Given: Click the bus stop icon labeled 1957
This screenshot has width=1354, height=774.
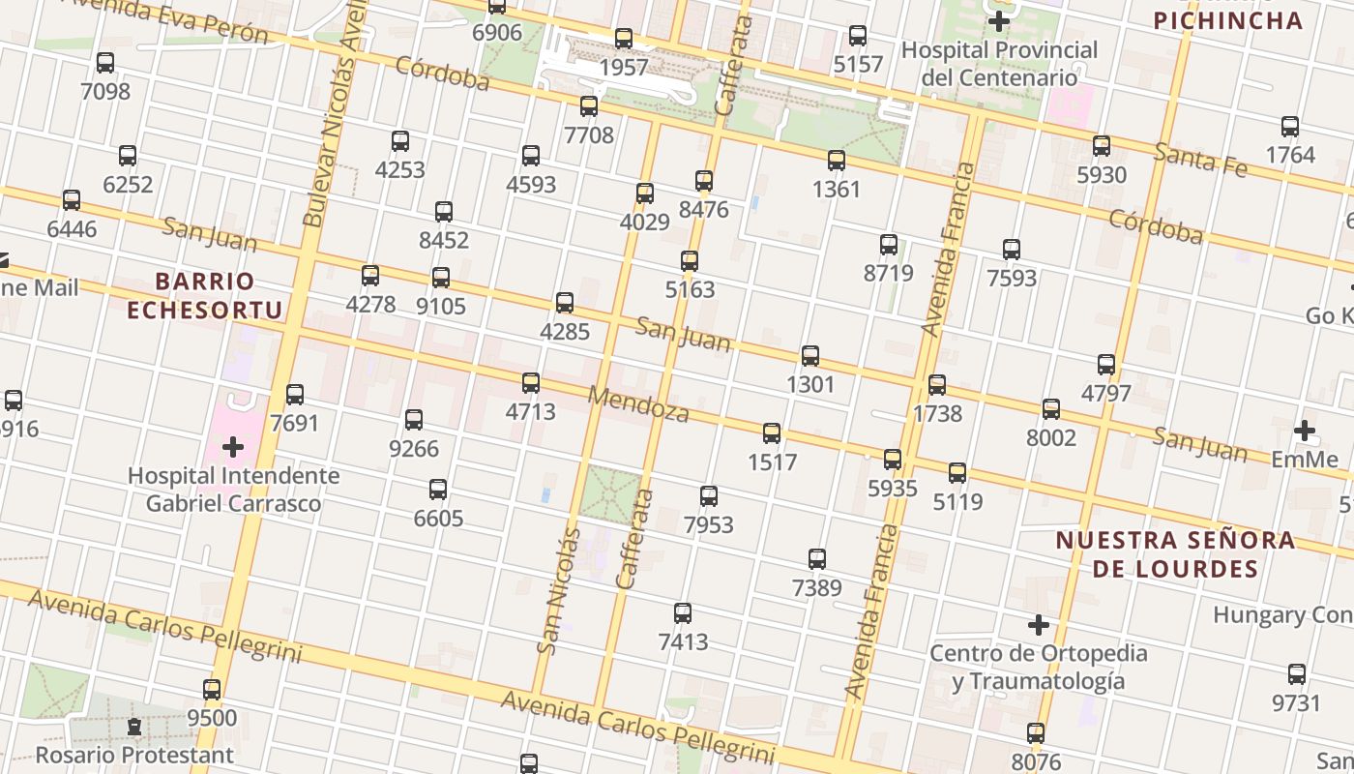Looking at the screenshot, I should click(x=624, y=39).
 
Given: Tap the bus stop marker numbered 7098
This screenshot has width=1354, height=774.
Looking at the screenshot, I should click(x=105, y=63).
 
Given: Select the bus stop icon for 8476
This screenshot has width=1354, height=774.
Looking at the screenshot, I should click(x=704, y=181).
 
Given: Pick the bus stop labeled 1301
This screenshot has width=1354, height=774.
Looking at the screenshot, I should click(x=810, y=356).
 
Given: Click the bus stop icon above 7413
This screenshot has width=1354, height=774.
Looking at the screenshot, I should click(x=683, y=613).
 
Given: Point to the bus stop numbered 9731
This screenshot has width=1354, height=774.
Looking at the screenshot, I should click(x=1297, y=674).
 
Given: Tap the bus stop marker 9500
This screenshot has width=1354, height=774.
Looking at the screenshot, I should click(x=212, y=690).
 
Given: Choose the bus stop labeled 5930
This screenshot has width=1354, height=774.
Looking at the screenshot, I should click(x=1102, y=146).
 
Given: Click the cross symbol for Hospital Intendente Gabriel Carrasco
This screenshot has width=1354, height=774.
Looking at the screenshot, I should click(x=233, y=446).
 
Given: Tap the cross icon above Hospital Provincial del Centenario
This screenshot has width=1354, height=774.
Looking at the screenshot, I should click(x=999, y=20).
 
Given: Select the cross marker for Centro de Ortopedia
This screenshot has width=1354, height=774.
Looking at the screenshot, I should click(x=1039, y=625).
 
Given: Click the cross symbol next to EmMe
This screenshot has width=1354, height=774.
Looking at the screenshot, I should click(x=1305, y=430).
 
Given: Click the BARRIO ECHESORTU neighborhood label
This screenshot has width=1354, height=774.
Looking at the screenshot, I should click(x=205, y=296).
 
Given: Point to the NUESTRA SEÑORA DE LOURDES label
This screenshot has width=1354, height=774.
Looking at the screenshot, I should click(x=1175, y=554).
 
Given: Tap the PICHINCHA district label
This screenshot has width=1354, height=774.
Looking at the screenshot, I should click(x=1228, y=20).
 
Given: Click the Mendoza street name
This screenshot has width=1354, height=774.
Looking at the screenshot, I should click(x=638, y=404).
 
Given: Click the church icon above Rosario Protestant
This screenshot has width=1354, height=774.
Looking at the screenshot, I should click(x=134, y=727).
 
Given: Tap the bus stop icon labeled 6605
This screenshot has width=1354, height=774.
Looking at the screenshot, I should click(x=438, y=490).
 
